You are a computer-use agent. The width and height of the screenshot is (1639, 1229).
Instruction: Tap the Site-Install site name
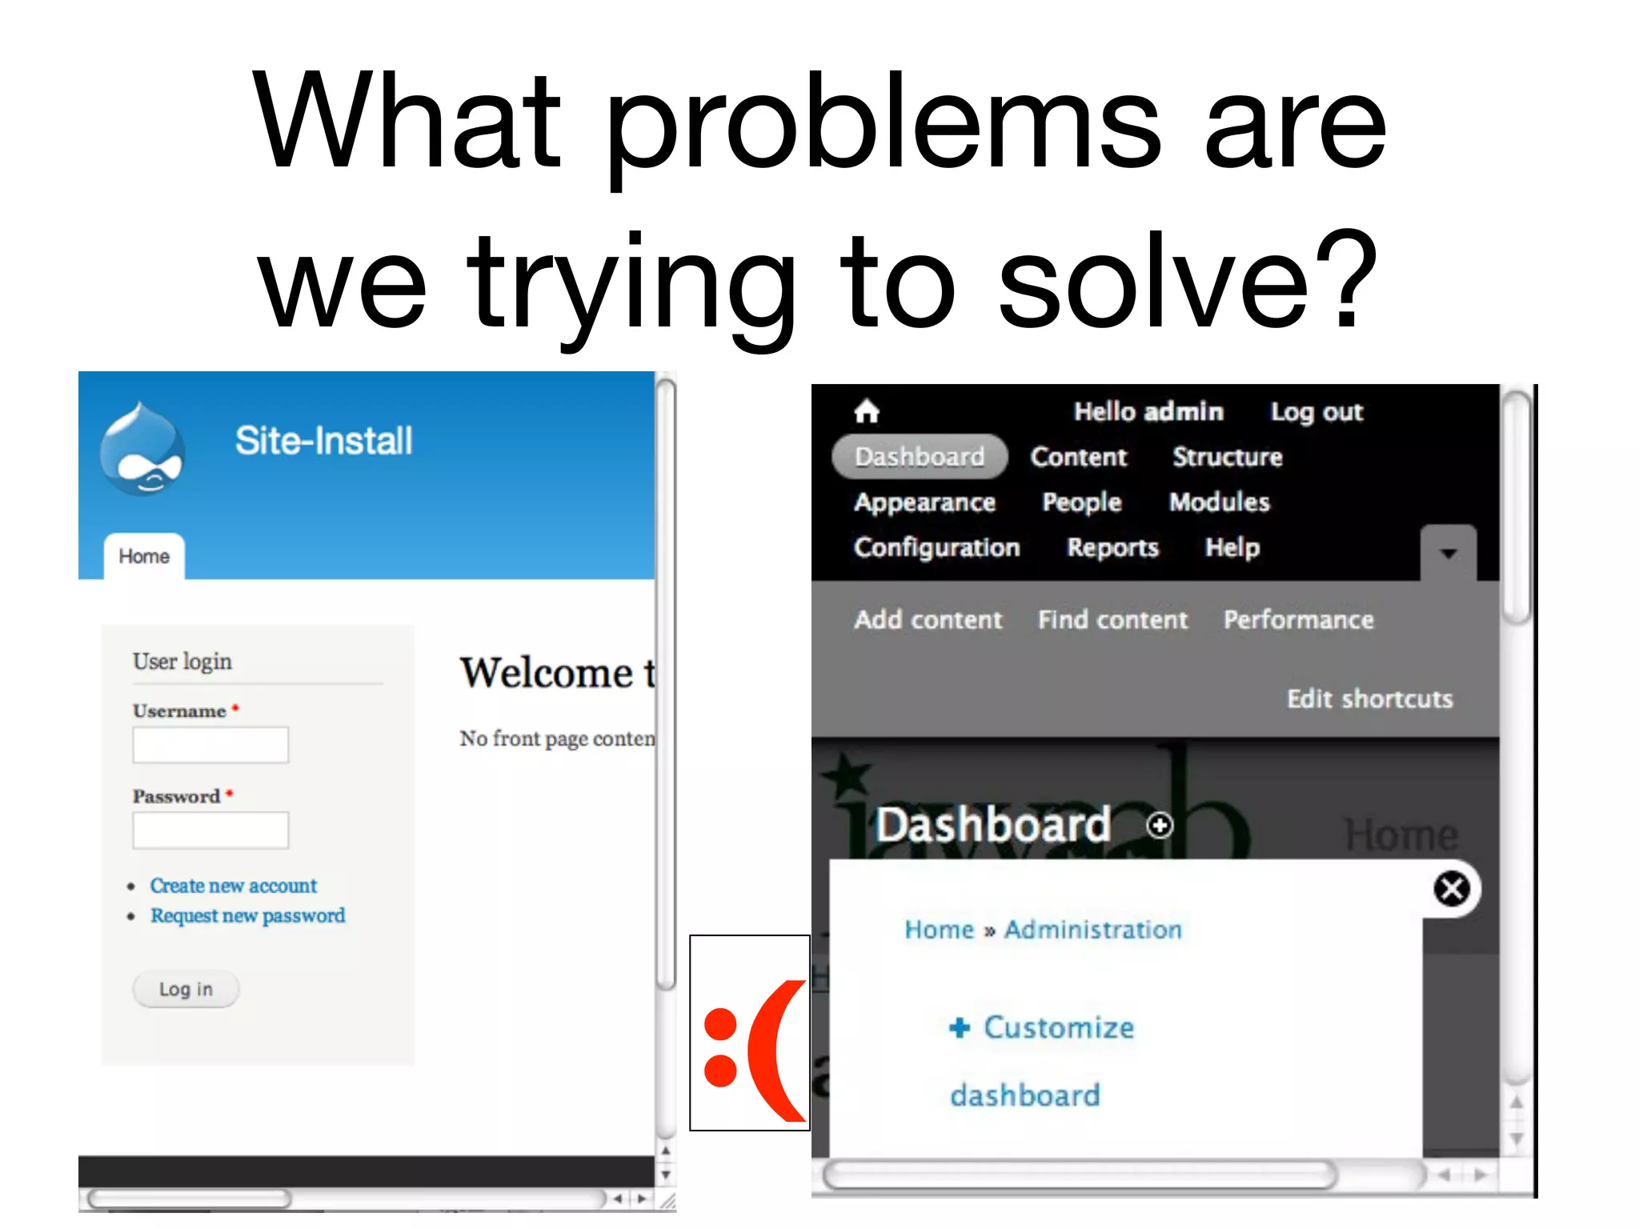(323, 441)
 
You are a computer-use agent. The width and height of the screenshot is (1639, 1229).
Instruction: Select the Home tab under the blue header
(144, 556)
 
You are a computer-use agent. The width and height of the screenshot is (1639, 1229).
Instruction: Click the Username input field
(210, 745)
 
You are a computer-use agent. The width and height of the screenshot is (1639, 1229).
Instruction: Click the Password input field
(210, 830)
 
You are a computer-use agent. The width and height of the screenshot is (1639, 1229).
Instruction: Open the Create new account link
(233, 886)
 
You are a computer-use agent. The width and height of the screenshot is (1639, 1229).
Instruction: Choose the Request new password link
(247, 915)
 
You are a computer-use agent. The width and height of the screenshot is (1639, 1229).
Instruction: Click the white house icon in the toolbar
(867, 412)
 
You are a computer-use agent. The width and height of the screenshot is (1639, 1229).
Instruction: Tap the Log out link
(1316, 412)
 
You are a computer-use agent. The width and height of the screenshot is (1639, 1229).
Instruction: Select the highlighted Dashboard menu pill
(920, 457)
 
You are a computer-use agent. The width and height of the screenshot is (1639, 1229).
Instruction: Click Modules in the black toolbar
(1219, 502)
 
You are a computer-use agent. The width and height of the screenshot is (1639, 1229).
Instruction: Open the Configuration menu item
(936, 547)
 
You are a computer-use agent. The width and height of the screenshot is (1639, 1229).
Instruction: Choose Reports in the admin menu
(1112, 547)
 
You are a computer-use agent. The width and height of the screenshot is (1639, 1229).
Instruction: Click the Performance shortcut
(1298, 619)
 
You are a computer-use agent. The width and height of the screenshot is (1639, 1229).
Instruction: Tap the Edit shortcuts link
(1369, 699)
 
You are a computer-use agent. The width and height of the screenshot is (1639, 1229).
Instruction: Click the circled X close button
(1452, 889)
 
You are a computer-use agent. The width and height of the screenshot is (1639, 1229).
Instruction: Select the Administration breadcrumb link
(1092, 930)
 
